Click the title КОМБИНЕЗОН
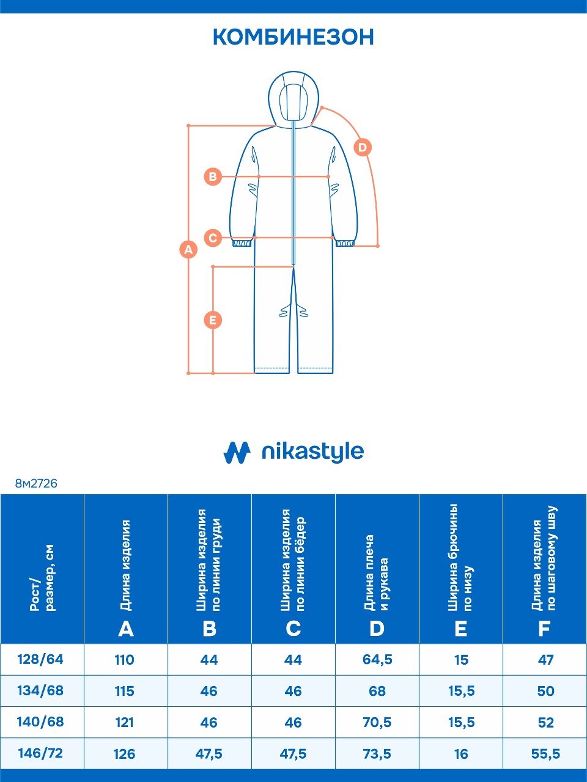[293, 37]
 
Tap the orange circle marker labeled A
[188, 249]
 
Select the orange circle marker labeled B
[213, 177]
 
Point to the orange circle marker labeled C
[213, 237]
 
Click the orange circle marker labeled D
[363, 147]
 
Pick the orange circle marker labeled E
[213, 320]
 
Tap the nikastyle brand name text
[312, 452]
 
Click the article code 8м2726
[36, 483]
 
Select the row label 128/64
[41, 660]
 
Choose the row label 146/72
[41, 753]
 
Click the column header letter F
[544, 629]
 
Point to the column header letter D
[377, 629]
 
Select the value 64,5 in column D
[377, 660]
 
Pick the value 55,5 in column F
[545, 754]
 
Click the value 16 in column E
[461, 754]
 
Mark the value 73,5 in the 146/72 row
[377, 754]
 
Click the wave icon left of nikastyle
[237, 452]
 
